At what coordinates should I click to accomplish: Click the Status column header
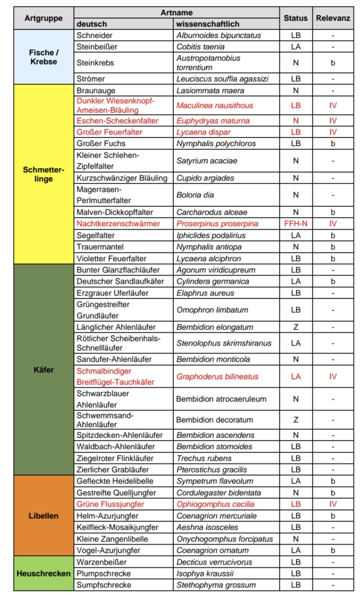coord(295,18)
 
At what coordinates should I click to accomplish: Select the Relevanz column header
coord(333,18)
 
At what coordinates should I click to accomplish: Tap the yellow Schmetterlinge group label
coord(44,174)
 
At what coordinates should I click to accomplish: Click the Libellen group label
coord(44,515)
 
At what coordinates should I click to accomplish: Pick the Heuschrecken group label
coord(44,573)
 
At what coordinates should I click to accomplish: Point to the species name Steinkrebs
coord(95,63)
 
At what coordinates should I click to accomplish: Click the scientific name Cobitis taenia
coord(200,46)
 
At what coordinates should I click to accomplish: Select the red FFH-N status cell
coord(295,223)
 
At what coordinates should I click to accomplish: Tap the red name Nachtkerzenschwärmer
coord(119,223)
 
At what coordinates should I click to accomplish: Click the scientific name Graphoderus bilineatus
coord(217,377)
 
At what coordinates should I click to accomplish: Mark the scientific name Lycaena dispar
coord(204,132)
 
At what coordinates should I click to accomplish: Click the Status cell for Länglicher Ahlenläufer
coord(296,327)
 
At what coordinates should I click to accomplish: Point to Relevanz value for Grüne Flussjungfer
coord(333,504)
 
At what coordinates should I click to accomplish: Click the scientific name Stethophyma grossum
coord(216,585)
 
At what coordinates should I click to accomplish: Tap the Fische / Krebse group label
coord(44,57)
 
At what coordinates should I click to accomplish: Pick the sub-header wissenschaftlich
coord(208,24)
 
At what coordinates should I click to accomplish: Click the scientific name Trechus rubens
coord(204,458)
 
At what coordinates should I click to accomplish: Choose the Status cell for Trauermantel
coord(296,247)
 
